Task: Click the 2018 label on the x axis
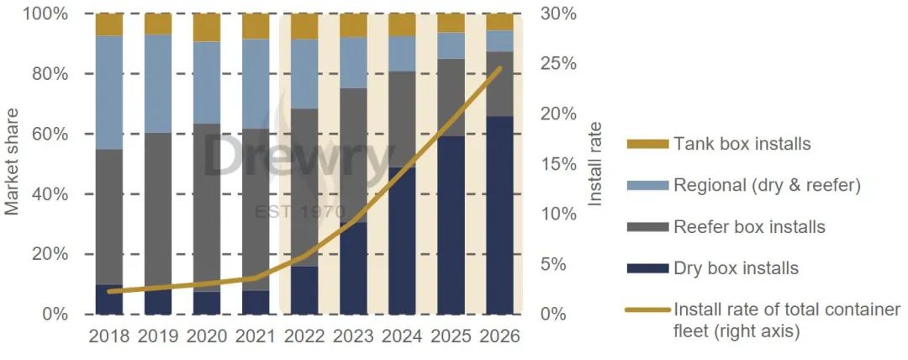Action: pyautogui.click(x=109, y=336)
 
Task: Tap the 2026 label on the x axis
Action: pyautogui.click(x=499, y=336)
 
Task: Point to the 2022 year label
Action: pyautogui.click(x=304, y=336)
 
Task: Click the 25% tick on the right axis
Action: pyautogui.click(x=557, y=64)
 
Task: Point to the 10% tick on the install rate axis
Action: pyautogui.click(x=557, y=214)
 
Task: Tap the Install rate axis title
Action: pyautogui.click(x=596, y=164)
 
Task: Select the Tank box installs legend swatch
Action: pyautogui.click(x=647, y=144)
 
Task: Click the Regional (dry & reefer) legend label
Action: pyautogui.click(x=767, y=185)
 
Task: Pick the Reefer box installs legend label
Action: pyautogui.click(x=749, y=227)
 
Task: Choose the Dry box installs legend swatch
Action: pyautogui.click(x=647, y=269)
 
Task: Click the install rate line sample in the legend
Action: pyautogui.click(x=647, y=310)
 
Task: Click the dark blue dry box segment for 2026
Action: pyautogui.click(x=499, y=215)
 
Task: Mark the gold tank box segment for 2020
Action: pyautogui.click(x=207, y=28)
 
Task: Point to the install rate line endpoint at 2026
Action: pyautogui.click(x=499, y=68)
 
